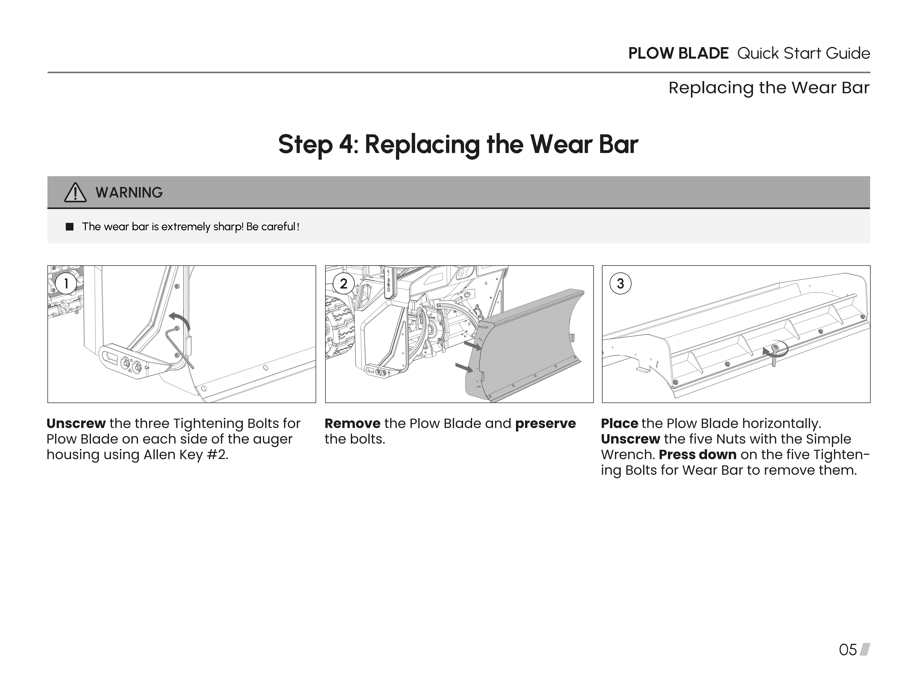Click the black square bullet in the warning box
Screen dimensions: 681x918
pyautogui.click(x=70, y=227)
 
